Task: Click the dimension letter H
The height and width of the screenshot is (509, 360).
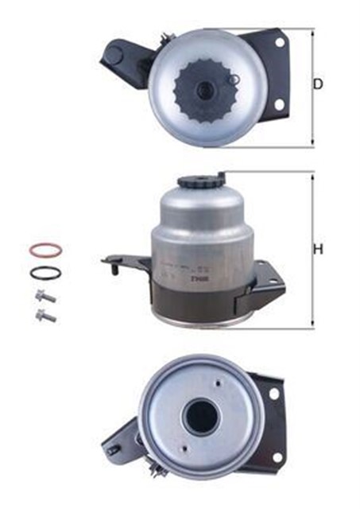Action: pyautogui.click(x=319, y=250)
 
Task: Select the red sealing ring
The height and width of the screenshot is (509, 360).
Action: pyautogui.click(x=45, y=250)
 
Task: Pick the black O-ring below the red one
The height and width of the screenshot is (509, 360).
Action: pyautogui.click(x=45, y=273)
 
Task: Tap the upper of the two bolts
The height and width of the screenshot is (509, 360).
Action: pyautogui.click(x=45, y=297)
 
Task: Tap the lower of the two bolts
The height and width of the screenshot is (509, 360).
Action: pyautogui.click(x=45, y=316)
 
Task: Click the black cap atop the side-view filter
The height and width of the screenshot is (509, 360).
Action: pyautogui.click(x=199, y=182)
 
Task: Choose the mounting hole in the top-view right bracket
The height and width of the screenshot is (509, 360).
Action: pyautogui.click(x=278, y=104)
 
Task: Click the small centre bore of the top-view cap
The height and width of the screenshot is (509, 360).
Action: pyautogui.click(x=205, y=88)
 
